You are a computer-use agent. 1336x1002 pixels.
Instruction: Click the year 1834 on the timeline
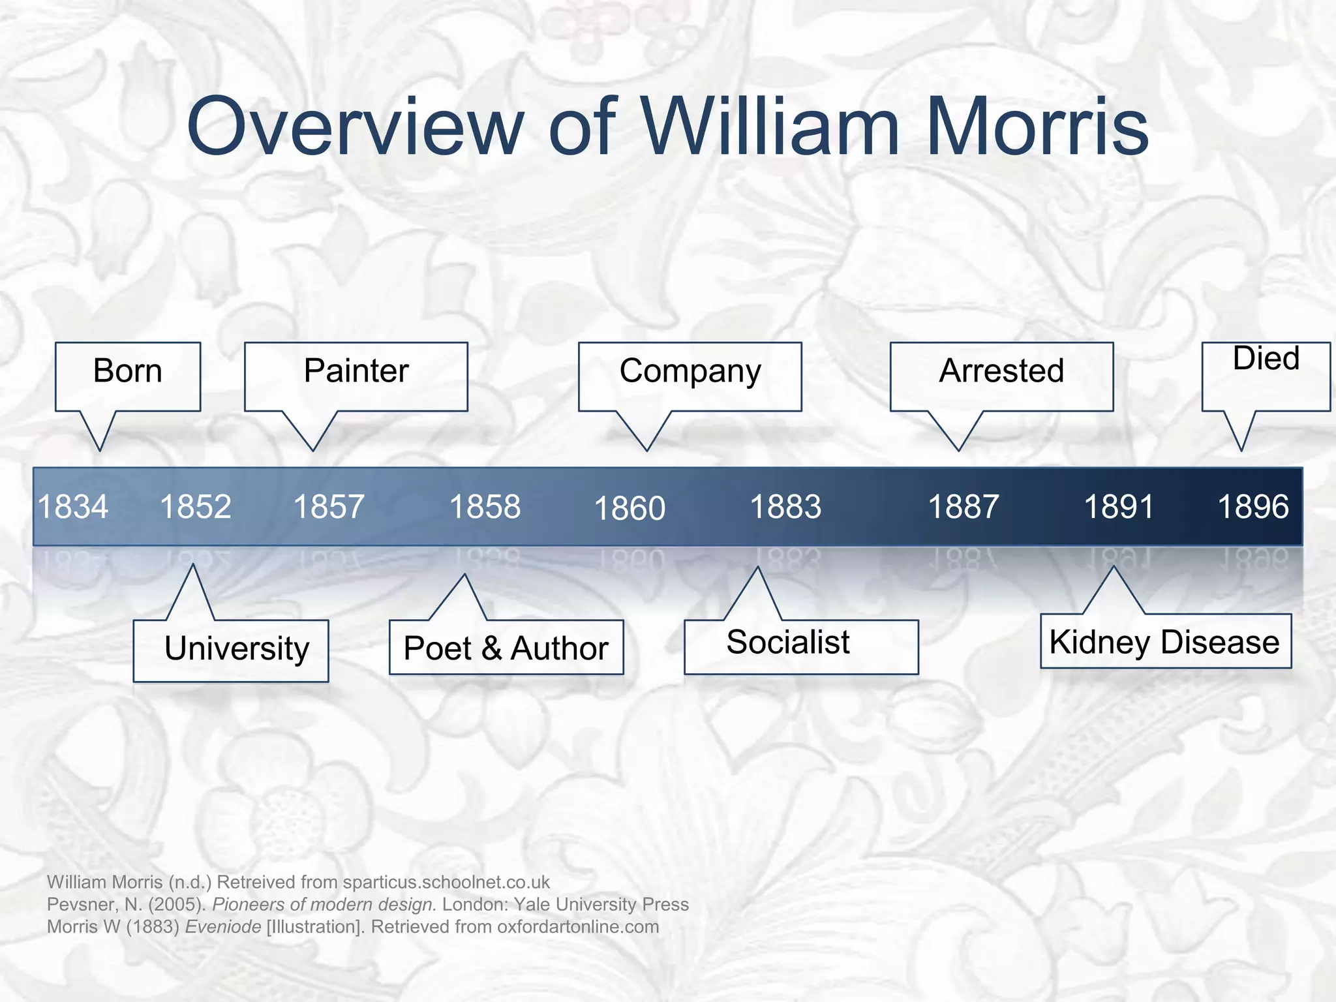click(x=73, y=507)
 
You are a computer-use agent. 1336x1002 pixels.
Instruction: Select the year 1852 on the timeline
click(x=196, y=507)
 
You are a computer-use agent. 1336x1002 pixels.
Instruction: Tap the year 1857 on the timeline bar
click(x=329, y=507)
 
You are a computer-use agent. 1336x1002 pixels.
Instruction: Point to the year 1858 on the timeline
click(x=485, y=507)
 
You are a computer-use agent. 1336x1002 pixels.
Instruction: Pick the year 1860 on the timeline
click(x=630, y=509)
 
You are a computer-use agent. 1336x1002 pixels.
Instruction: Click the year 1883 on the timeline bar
click(x=785, y=507)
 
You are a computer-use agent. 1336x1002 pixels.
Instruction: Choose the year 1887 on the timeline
click(x=963, y=507)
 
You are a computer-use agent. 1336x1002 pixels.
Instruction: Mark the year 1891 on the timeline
click(x=1119, y=507)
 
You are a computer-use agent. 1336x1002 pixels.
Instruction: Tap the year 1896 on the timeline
click(x=1253, y=507)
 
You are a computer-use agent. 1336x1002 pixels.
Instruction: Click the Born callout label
click(x=128, y=371)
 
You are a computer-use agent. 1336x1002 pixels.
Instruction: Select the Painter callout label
click(x=356, y=371)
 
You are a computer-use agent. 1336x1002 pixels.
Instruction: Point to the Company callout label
click(x=690, y=371)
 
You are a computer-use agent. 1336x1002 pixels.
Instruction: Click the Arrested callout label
click(x=1001, y=371)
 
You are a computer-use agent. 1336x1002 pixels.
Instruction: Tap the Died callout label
click(x=1266, y=359)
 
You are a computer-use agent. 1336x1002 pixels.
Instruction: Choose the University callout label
click(x=237, y=649)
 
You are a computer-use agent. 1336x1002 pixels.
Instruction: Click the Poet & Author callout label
click(x=506, y=648)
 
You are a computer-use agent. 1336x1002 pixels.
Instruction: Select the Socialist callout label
click(x=788, y=643)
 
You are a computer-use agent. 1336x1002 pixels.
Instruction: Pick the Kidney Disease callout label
click(x=1164, y=643)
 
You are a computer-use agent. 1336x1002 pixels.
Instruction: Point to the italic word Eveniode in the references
click(x=223, y=927)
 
